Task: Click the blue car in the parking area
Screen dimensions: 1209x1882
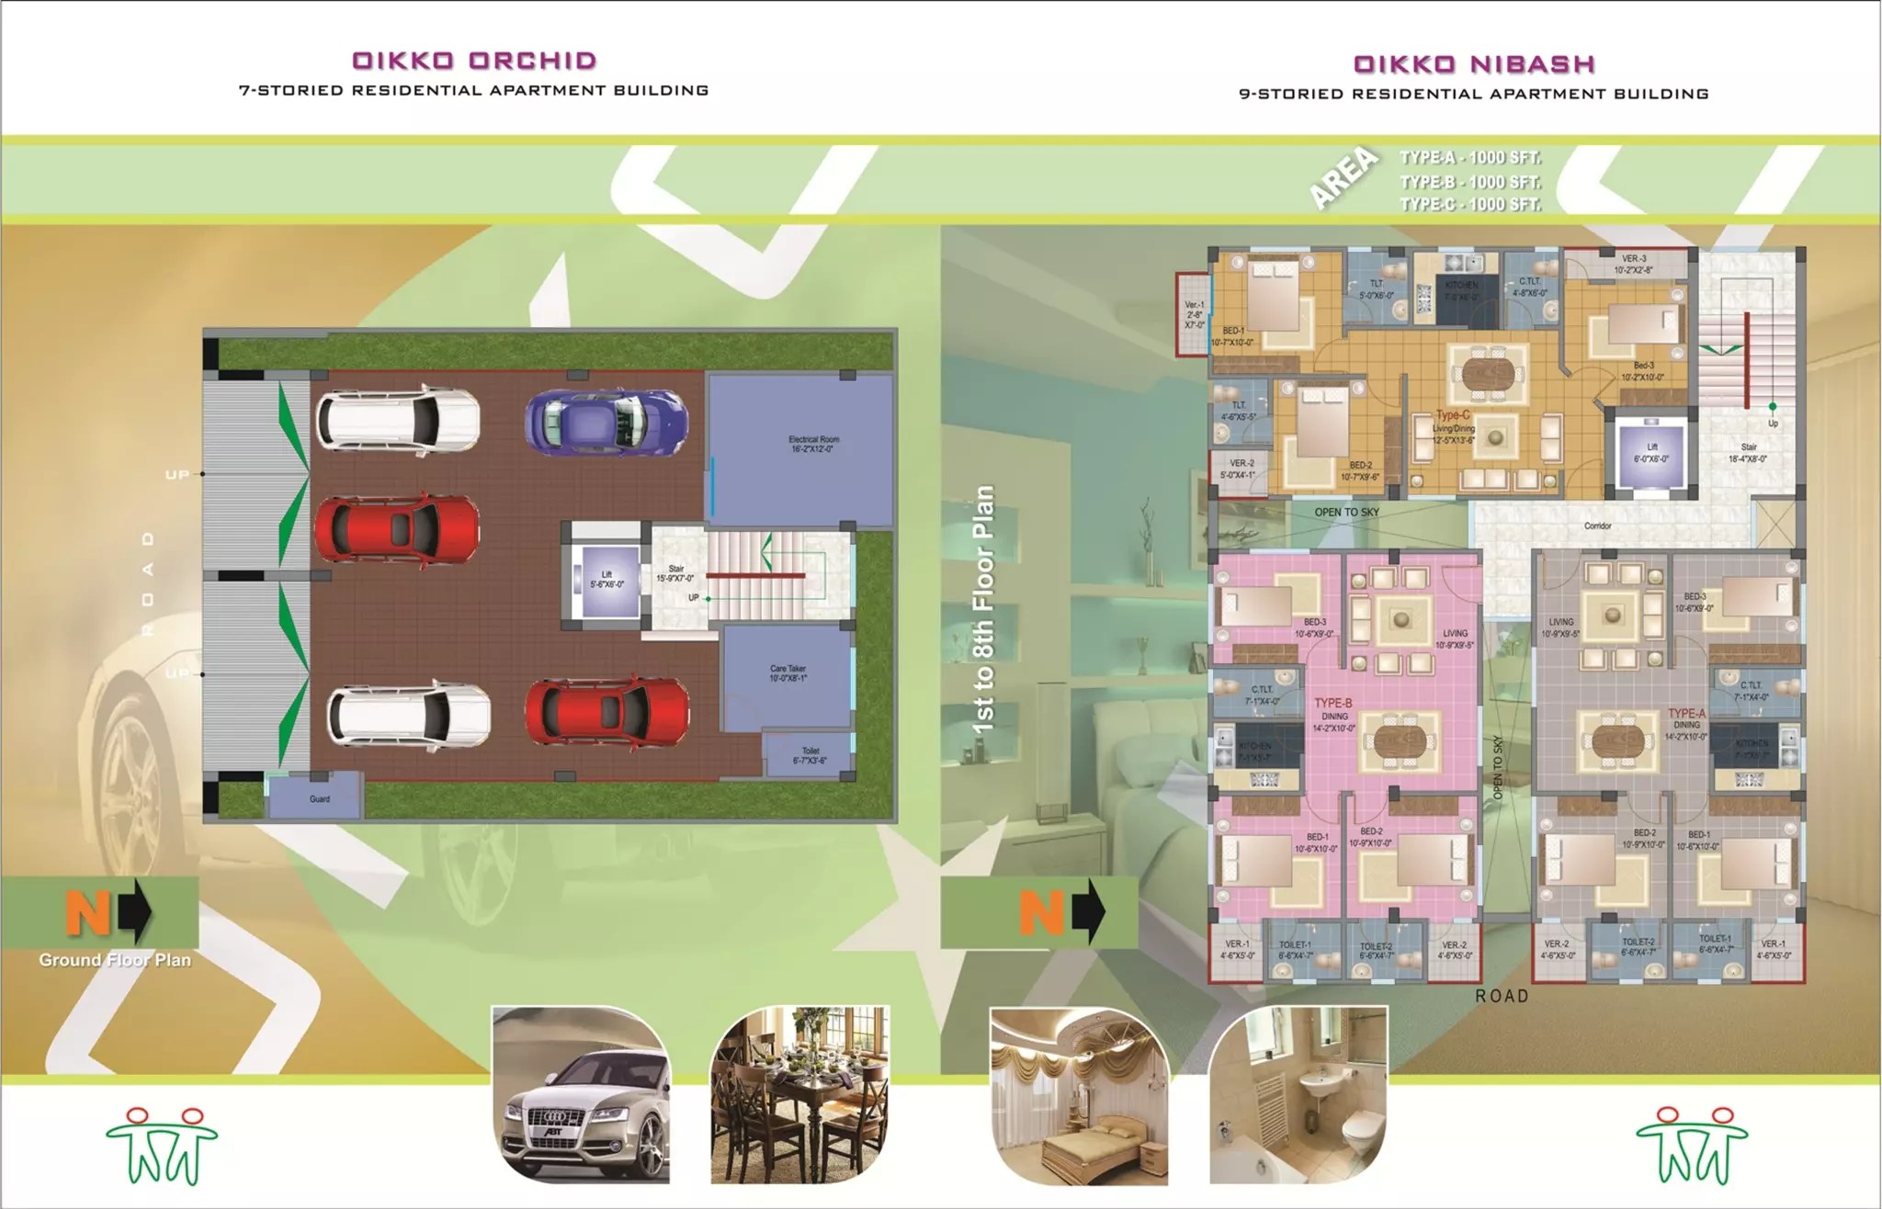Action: pos(607,421)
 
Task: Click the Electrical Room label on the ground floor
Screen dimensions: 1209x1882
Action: pos(813,444)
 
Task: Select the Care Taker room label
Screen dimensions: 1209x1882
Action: pos(788,672)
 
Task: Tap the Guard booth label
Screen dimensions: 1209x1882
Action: pos(319,798)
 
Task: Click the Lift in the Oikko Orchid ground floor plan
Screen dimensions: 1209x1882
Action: pos(606,580)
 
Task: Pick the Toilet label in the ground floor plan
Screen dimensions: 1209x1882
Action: pos(810,755)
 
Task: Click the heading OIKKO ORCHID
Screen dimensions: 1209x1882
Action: pos(474,61)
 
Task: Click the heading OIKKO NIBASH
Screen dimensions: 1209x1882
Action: pos(1473,64)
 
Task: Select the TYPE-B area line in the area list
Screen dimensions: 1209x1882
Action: pos(1469,182)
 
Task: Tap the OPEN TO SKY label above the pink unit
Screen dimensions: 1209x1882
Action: pos(1346,512)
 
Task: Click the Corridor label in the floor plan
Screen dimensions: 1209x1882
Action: pos(1597,525)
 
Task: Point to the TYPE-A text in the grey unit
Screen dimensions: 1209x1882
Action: pos(1686,713)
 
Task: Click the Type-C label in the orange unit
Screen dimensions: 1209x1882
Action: pos(1453,415)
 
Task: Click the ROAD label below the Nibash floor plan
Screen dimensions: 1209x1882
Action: pos(1502,996)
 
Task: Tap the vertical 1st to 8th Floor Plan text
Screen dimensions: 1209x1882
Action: pos(983,608)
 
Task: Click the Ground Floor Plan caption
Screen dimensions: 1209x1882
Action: pos(115,960)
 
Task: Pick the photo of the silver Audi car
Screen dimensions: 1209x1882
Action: pos(581,1095)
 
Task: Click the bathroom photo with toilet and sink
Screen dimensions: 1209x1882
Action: pos(1298,1095)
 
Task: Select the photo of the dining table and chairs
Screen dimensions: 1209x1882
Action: pos(799,1095)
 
